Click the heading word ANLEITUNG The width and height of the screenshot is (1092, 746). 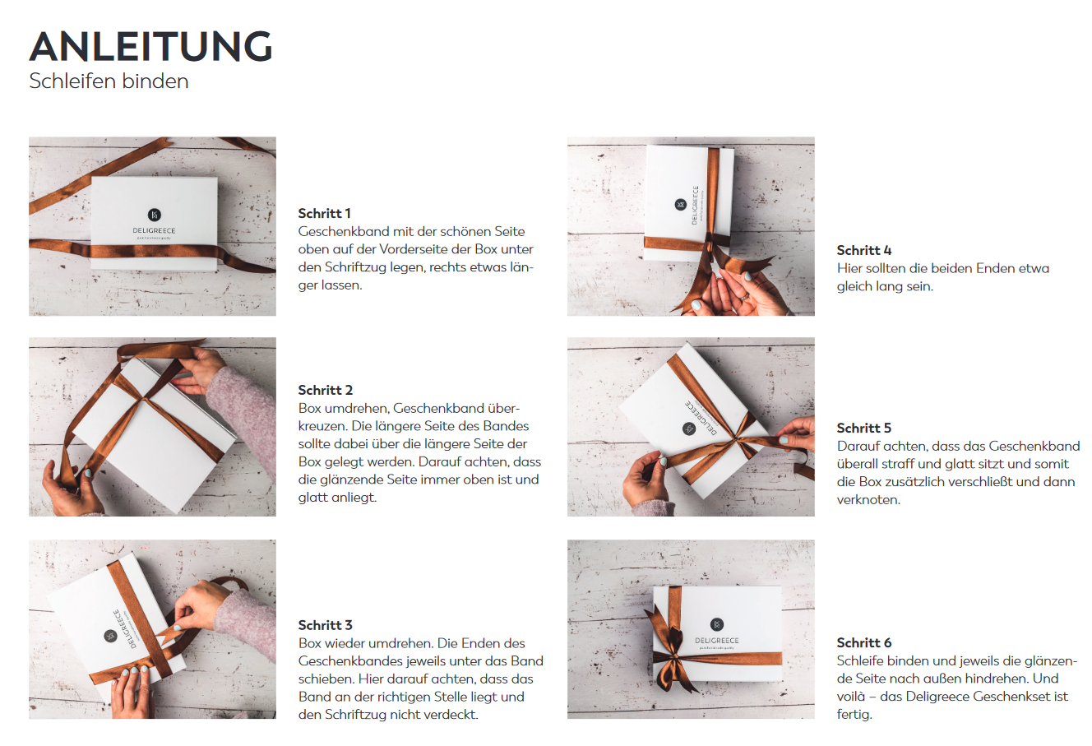pyautogui.click(x=150, y=47)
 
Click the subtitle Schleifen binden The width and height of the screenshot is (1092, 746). pyautogui.click(x=109, y=81)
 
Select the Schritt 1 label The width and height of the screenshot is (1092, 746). pyautogui.click(x=325, y=213)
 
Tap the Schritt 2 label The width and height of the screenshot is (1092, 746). pyautogui.click(x=326, y=390)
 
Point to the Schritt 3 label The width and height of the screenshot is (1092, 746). pyautogui.click(x=326, y=625)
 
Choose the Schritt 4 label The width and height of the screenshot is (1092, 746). pyautogui.click(x=864, y=250)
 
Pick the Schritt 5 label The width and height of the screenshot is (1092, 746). pyautogui.click(x=864, y=428)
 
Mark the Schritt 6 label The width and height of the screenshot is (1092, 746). pyautogui.click(x=864, y=642)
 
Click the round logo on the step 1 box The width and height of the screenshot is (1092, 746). pyautogui.click(x=154, y=215)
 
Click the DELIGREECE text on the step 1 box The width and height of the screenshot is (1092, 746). pyautogui.click(x=154, y=231)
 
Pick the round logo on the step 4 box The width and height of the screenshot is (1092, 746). pyautogui.click(x=680, y=204)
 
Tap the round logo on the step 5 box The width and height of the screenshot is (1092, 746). pyautogui.click(x=689, y=429)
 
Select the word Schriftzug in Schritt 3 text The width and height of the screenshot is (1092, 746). pyautogui.click(x=349, y=715)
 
